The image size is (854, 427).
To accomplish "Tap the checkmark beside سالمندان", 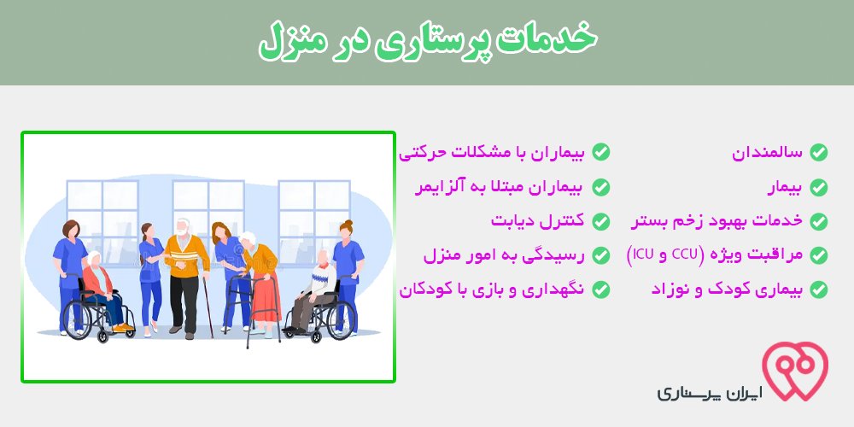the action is click(818, 153).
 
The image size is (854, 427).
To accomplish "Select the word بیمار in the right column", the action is click(785, 188).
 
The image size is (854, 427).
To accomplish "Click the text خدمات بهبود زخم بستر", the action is click(717, 221).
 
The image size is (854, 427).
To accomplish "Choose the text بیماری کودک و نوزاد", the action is click(727, 290).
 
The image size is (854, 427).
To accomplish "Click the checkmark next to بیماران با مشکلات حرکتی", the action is click(600, 153).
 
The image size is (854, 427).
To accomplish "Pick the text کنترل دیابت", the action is click(537, 221).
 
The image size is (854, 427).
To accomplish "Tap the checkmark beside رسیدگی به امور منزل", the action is click(600, 254).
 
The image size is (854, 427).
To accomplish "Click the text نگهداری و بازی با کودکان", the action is click(492, 290).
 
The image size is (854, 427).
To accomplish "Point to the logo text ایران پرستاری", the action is click(710, 393).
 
